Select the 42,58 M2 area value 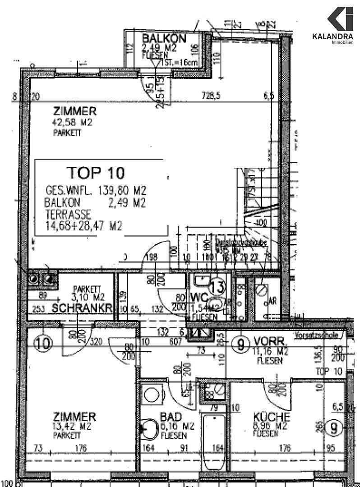coord(73,123)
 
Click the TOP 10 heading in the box coord(97,172)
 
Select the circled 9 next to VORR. coord(241,345)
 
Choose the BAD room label coord(171,417)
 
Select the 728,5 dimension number coord(212,96)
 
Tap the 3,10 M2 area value coord(89,297)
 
